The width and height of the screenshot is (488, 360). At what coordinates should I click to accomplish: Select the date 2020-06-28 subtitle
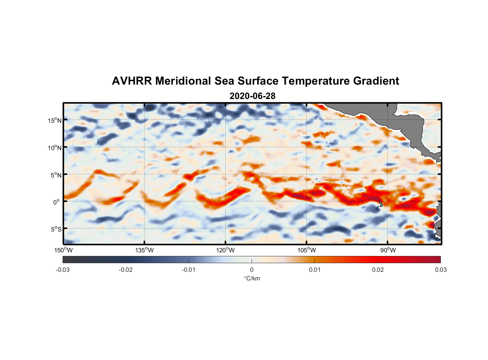[x=252, y=96]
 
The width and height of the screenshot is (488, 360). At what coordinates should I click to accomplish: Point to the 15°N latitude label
[x=55, y=120]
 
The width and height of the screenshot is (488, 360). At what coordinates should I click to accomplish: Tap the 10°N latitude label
[x=55, y=148]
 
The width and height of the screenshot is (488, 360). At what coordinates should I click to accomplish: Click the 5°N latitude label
[x=56, y=175]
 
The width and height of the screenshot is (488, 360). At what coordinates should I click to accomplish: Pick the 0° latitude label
[x=57, y=202]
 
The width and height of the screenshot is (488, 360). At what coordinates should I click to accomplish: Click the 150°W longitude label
[x=63, y=250]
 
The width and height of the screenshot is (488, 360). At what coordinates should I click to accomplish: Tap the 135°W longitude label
[x=145, y=250]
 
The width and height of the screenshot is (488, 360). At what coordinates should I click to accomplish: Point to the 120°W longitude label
[x=226, y=250]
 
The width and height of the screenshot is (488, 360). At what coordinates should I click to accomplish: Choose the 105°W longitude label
[x=307, y=250]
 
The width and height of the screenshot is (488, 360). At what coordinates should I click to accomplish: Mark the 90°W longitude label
[x=388, y=250]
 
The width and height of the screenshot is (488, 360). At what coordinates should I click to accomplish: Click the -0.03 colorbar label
[x=63, y=270]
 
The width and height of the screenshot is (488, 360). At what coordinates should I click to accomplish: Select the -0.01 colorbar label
[x=189, y=270]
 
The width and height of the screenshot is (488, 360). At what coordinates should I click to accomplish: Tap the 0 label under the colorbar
[x=252, y=270]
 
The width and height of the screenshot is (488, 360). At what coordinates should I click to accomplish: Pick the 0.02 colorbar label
[x=378, y=270]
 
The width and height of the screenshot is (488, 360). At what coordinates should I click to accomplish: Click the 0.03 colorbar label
[x=440, y=270]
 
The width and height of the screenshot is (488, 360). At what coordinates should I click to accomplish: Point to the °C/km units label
[x=252, y=278]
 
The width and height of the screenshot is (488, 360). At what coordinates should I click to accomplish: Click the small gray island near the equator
[x=381, y=204]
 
